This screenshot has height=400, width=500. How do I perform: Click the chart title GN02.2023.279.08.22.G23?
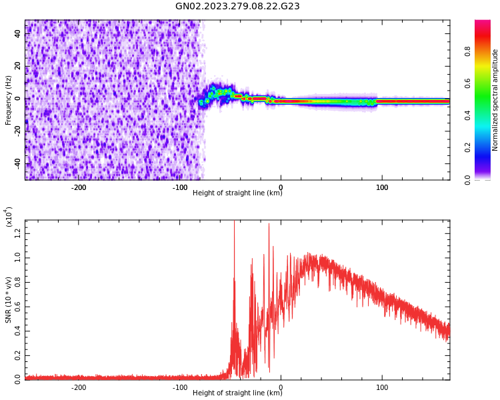pyautogui.click(x=237, y=6)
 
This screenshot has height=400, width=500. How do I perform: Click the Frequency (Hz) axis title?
pyautogui.click(x=9, y=100)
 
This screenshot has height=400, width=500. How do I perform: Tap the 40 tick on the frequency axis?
pyautogui.click(x=18, y=33)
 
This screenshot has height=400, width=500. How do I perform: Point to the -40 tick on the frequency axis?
pyautogui.click(x=18, y=163)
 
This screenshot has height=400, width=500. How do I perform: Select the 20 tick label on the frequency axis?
pyautogui.click(x=18, y=65)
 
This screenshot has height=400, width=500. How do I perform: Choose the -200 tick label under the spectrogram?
pyautogui.click(x=79, y=187)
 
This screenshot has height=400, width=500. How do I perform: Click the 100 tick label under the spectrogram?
pyautogui.click(x=382, y=187)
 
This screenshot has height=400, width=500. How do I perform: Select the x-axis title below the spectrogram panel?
pyautogui.click(x=237, y=193)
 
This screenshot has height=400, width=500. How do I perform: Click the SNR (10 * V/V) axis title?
pyautogui.click(x=9, y=300)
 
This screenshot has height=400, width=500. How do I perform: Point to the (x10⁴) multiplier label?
pyautogui.click(x=9, y=217)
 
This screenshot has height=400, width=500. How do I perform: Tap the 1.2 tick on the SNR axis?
pyautogui.click(x=18, y=233)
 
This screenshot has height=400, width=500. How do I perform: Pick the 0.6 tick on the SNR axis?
pyautogui.click(x=18, y=306)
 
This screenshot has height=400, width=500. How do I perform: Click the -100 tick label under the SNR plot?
pyautogui.click(x=180, y=387)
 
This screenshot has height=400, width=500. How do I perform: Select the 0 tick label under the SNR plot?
pyautogui.click(x=281, y=387)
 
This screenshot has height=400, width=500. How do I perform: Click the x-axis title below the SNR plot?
pyautogui.click(x=237, y=393)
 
